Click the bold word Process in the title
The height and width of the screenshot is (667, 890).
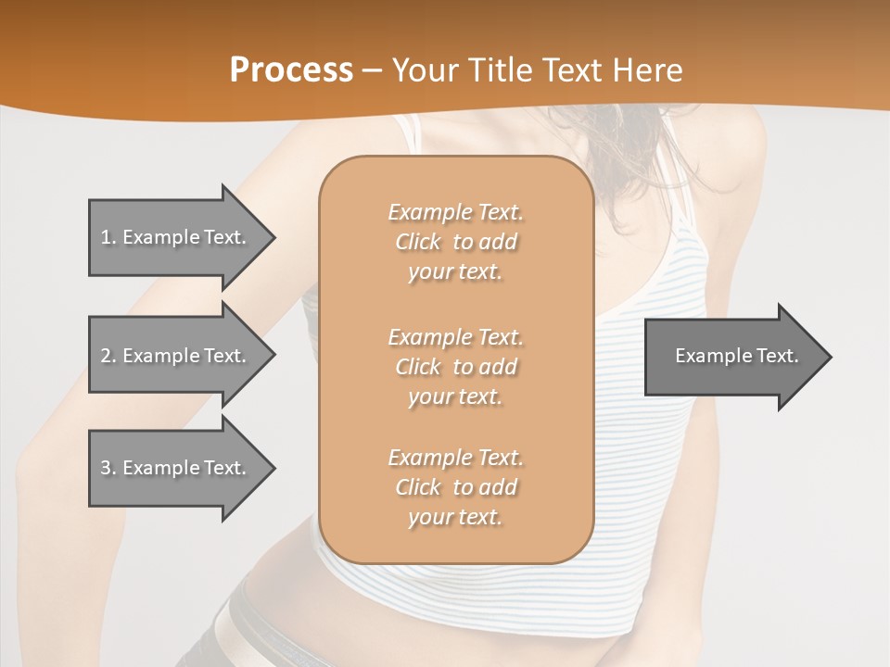291,70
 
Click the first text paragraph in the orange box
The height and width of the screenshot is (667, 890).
455,242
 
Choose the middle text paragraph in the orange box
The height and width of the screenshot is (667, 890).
455,366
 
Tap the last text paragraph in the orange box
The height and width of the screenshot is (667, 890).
455,487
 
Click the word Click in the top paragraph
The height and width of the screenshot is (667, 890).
418,242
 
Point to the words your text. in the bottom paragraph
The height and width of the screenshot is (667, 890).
455,517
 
